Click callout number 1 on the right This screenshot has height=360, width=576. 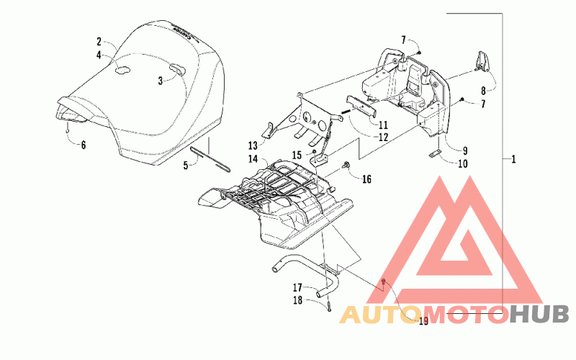[513, 158]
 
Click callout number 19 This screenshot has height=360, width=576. [423, 321]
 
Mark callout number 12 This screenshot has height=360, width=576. [383, 136]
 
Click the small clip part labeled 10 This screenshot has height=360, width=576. [435, 156]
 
